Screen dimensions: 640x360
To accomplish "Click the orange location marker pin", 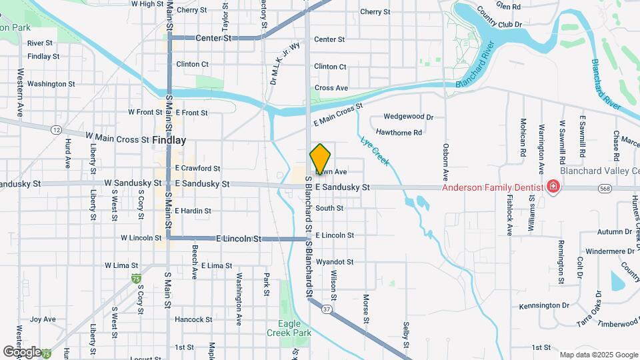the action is (x=320, y=159).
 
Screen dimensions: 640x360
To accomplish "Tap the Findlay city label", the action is (x=169, y=141).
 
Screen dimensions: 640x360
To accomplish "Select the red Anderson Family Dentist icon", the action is (x=553, y=187).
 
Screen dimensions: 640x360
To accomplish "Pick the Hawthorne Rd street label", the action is (x=399, y=133).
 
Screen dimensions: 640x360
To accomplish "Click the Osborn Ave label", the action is (x=445, y=160).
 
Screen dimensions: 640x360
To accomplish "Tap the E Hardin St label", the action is (x=193, y=211).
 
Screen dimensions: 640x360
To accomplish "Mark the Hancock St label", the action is (x=193, y=319).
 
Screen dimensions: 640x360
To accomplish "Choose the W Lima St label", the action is (x=120, y=265).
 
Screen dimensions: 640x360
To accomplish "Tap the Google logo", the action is (x=22, y=351).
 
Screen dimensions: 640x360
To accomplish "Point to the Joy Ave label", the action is (x=43, y=319).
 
